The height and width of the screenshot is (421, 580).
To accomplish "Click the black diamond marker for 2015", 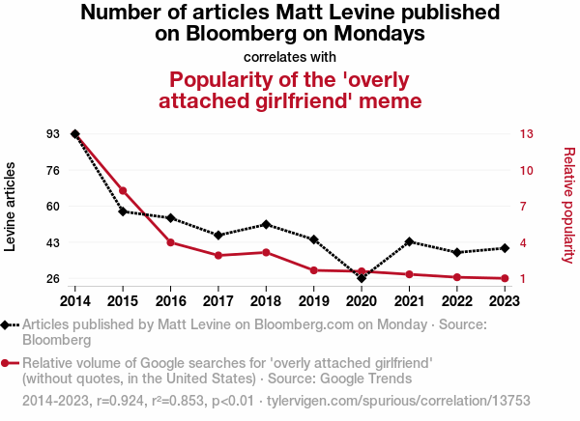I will [123, 211].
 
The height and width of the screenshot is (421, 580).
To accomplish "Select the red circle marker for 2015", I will [123, 190].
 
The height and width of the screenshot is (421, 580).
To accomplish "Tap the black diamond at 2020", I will [362, 278].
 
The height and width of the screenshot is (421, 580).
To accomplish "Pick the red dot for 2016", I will [170, 242].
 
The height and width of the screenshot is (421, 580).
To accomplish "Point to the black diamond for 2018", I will [266, 224].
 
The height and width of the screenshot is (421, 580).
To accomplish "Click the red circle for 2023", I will [505, 279].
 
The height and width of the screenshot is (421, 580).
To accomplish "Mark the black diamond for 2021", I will [410, 241].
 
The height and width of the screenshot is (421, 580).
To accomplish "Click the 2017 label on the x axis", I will [218, 301].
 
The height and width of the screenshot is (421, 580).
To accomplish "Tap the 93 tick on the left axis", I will [52, 133].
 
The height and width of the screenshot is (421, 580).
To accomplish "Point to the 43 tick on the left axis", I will [52, 242].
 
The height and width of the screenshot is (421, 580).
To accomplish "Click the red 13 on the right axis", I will [527, 133].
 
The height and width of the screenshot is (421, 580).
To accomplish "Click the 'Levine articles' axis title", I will [12, 207].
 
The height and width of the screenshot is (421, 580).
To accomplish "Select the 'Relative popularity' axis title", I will [568, 205].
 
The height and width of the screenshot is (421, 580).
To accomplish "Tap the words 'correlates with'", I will [290, 56].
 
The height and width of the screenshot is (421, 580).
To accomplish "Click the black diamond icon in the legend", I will [8, 325].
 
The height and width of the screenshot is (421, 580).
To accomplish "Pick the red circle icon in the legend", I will [8, 363].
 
